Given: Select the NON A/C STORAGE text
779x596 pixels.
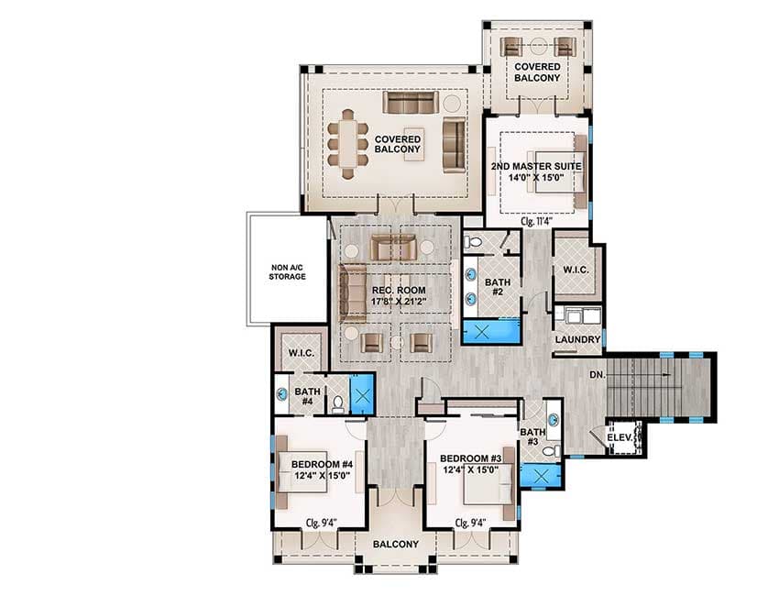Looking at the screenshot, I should pyautogui.click(x=287, y=271).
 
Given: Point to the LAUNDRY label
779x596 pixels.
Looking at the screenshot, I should pyautogui.click(x=578, y=340).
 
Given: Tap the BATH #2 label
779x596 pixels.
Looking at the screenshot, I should pyautogui.click(x=497, y=287).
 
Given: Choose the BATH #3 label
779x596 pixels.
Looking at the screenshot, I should pyautogui.click(x=532, y=436).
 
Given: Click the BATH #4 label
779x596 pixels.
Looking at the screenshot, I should pyautogui.click(x=306, y=396).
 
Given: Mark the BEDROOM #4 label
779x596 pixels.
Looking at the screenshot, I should pyautogui.click(x=324, y=469).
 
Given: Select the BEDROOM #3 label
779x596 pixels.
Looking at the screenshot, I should pyautogui.click(x=470, y=464).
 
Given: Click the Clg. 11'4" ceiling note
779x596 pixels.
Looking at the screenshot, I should pyautogui.click(x=538, y=220).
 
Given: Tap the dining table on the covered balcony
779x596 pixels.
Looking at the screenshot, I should pyautogui.click(x=349, y=143).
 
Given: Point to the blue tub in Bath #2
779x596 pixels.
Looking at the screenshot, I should pyautogui.click(x=491, y=332).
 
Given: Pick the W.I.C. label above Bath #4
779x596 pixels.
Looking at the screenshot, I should pyautogui.click(x=302, y=353).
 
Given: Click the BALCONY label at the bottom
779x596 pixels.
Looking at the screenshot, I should pyautogui.click(x=396, y=544).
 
